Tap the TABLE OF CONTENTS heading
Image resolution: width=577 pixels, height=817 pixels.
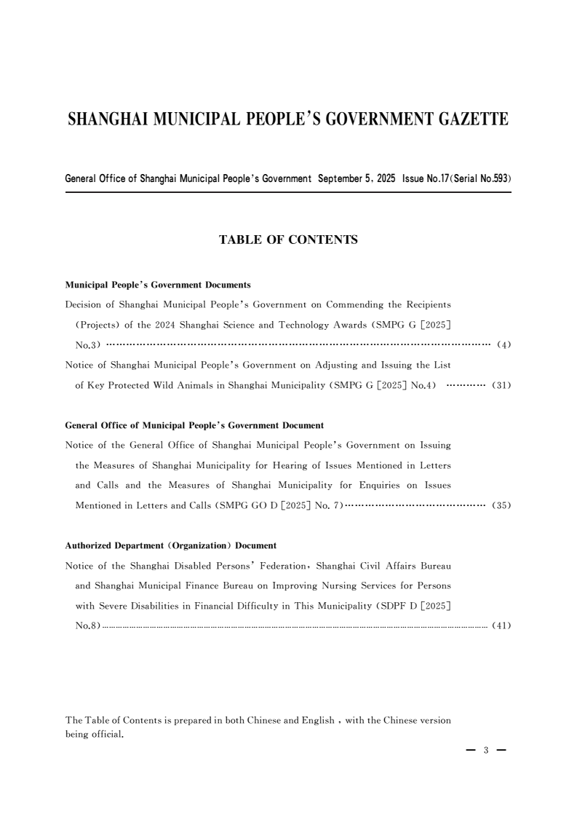click(288, 239)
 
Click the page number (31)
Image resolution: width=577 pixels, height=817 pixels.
click(501, 385)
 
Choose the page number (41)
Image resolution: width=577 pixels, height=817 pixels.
click(501, 625)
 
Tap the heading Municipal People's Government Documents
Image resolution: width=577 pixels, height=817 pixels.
click(158, 285)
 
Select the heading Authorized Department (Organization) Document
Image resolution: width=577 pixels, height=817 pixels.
click(170, 545)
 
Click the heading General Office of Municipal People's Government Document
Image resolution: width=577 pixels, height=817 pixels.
click(194, 425)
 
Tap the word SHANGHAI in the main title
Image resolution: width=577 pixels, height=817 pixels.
click(108, 119)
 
